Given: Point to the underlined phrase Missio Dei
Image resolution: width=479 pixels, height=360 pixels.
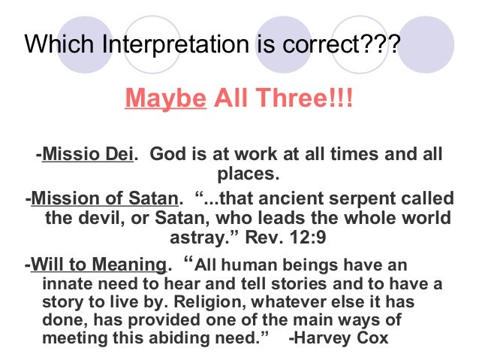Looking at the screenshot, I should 88,155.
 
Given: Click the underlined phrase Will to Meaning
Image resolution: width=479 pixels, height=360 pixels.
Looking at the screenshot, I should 97,265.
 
